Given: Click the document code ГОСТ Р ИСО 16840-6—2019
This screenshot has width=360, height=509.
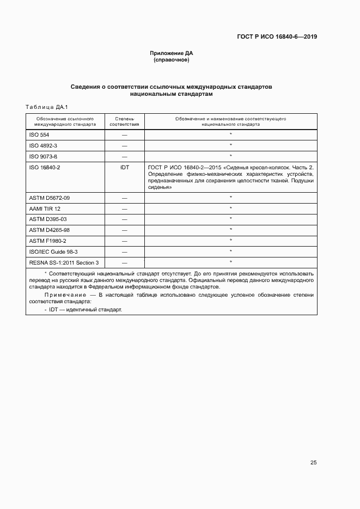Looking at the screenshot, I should coord(277,37).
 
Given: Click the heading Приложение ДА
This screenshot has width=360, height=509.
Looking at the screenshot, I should coord(172,53).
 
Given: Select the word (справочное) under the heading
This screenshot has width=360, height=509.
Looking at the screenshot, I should coord(172,60).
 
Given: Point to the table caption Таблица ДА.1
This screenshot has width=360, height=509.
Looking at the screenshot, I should coord(46,107).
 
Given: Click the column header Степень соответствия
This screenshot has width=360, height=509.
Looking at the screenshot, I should coord(125,121).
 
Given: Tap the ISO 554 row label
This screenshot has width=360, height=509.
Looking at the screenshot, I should coord(39,134).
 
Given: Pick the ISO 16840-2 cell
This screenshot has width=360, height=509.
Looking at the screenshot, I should coord(44,167).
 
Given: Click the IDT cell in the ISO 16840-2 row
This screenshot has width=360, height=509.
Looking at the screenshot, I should coord(125,167).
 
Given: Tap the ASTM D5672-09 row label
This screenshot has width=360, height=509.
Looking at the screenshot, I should coord(49,198).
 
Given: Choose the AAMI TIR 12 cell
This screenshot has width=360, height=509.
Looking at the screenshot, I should coord(45,208).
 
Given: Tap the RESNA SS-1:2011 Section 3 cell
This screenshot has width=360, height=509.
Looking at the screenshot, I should coord(63,262).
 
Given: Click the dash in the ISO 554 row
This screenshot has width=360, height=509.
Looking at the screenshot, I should coord(125,134).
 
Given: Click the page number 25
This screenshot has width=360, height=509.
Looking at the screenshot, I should coord(313,463).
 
